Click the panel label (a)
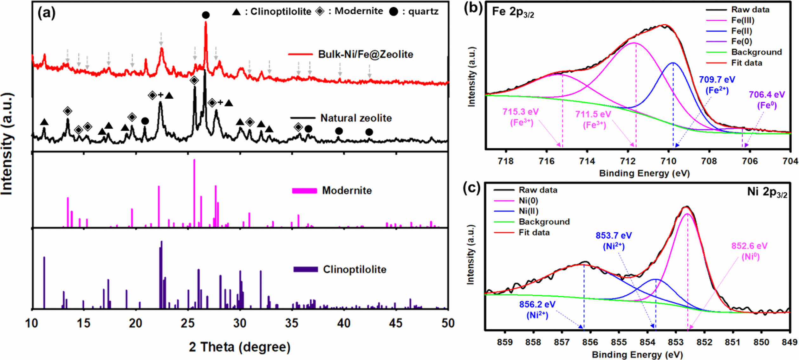tap(46, 13)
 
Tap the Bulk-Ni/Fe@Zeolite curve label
tap(365, 54)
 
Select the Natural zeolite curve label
tap(356, 118)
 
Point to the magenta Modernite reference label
tap(347, 190)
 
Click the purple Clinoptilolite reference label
tap(354, 269)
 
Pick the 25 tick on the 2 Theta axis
tap(188, 323)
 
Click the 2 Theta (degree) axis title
tap(240, 347)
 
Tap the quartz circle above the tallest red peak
tap(206, 15)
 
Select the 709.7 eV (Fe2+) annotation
tap(717, 85)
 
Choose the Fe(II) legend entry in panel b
tap(741, 31)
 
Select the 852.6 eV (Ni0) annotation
tap(750, 251)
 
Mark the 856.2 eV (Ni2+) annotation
tap(537, 310)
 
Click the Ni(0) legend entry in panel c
tap(528, 201)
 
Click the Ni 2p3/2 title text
tap(767, 192)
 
